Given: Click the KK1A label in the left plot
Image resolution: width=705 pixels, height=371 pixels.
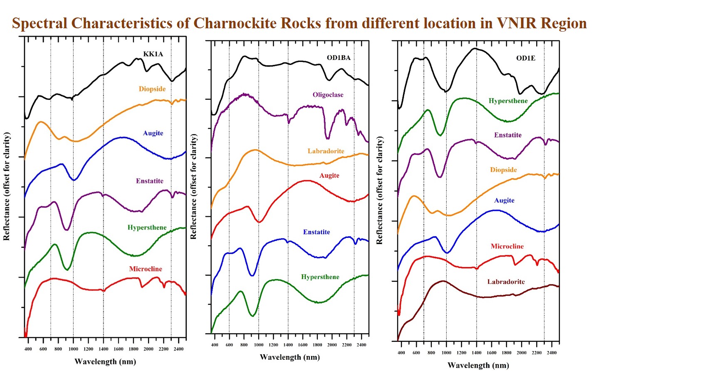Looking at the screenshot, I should pyautogui.click(x=153, y=54).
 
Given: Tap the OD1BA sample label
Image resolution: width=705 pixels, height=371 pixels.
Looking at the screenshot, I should pyautogui.click(x=339, y=58).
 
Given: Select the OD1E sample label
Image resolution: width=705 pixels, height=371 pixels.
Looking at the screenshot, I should pyautogui.click(x=526, y=58).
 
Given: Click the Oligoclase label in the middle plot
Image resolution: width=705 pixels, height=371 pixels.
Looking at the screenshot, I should pyautogui.click(x=328, y=95).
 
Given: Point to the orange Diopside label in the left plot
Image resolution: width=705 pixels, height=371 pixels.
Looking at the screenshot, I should pyautogui.click(x=152, y=89).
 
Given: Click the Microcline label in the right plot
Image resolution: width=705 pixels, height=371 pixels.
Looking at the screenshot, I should pyautogui.click(x=507, y=246).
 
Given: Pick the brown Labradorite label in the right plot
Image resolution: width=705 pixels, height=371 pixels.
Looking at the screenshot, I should pyautogui.click(x=506, y=282).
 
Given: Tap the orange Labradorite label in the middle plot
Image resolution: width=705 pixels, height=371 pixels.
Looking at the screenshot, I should pyautogui.click(x=326, y=151).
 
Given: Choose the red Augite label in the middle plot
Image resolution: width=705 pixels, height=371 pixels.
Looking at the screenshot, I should pyautogui.click(x=329, y=176).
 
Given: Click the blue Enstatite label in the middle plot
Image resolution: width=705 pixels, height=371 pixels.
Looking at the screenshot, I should pyautogui.click(x=317, y=232).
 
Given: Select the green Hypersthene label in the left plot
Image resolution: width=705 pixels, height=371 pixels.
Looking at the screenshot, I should pyautogui.click(x=147, y=228).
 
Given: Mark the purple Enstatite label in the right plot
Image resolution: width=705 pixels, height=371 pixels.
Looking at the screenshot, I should pyautogui.click(x=507, y=135).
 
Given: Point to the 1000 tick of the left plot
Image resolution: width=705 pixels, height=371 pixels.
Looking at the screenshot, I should pyautogui.click(x=73, y=349).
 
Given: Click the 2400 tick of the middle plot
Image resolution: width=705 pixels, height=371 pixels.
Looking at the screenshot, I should pyautogui.click(x=361, y=345).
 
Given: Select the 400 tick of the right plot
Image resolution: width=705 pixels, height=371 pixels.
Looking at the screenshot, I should pyautogui.click(x=401, y=353).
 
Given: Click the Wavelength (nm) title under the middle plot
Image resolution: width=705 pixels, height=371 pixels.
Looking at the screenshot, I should pyautogui.click(x=289, y=357).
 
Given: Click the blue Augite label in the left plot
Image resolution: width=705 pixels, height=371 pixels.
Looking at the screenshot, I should pyautogui.click(x=153, y=133).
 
